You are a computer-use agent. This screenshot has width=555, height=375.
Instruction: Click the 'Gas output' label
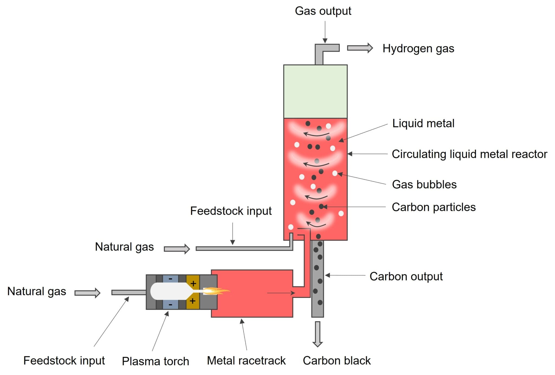(323, 11)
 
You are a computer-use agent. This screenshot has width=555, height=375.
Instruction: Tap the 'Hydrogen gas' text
(418, 49)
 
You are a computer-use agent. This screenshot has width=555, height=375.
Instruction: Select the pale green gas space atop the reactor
(315, 91)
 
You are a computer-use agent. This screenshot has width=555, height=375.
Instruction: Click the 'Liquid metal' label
(423, 123)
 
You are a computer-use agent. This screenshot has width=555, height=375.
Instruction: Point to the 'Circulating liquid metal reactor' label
(469, 154)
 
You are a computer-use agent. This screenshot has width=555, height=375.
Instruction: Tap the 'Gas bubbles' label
(424, 184)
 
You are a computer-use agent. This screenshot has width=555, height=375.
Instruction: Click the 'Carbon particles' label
(433, 207)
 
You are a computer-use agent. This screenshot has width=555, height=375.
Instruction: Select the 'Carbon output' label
(406, 277)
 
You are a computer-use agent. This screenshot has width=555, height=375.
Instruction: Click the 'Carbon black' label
(336, 361)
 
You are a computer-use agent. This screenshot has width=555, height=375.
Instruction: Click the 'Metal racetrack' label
(246, 361)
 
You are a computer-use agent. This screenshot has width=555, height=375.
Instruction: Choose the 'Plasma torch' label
(155, 361)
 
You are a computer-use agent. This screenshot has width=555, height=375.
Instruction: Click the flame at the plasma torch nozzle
(215, 291)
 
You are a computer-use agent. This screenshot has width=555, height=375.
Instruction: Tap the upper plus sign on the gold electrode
(193, 284)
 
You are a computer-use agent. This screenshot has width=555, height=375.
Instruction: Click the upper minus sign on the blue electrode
(170, 279)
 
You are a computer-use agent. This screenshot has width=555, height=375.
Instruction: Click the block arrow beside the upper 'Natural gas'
(177, 249)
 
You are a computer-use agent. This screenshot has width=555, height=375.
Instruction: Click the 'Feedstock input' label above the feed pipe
(231, 211)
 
